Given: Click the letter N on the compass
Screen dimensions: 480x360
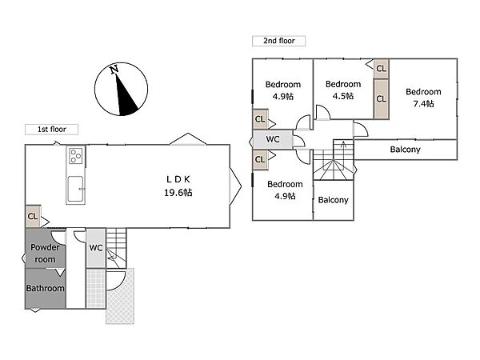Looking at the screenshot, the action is (114, 70).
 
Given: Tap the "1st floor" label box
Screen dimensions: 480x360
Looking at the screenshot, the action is (51, 130).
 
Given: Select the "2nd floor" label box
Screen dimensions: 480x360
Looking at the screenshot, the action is (279, 41).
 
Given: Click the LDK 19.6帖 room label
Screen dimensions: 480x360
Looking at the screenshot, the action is (178, 186).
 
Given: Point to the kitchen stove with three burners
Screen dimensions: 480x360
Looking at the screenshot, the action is (76, 156).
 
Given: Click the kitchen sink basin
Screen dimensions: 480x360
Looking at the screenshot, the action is (75, 189).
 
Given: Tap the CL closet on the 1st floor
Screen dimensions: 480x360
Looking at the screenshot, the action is (33, 217).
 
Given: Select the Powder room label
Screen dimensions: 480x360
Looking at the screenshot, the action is (45, 253).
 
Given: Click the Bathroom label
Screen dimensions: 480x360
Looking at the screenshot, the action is (45, 288).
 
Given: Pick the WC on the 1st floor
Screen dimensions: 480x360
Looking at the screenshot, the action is (96, 248).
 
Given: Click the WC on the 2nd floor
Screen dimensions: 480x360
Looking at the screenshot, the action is (273, 139).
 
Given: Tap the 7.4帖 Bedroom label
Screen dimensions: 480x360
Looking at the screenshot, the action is (423, 98).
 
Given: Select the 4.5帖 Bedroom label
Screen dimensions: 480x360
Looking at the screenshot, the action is (343, 90).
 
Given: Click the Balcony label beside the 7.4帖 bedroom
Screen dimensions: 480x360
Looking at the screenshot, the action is (405, 150).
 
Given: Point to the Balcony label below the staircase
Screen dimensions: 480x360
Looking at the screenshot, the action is (333, 200).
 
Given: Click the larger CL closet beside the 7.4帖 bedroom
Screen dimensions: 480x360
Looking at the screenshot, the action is (381, 99).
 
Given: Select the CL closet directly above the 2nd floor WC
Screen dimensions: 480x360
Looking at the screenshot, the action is (260, 119).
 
